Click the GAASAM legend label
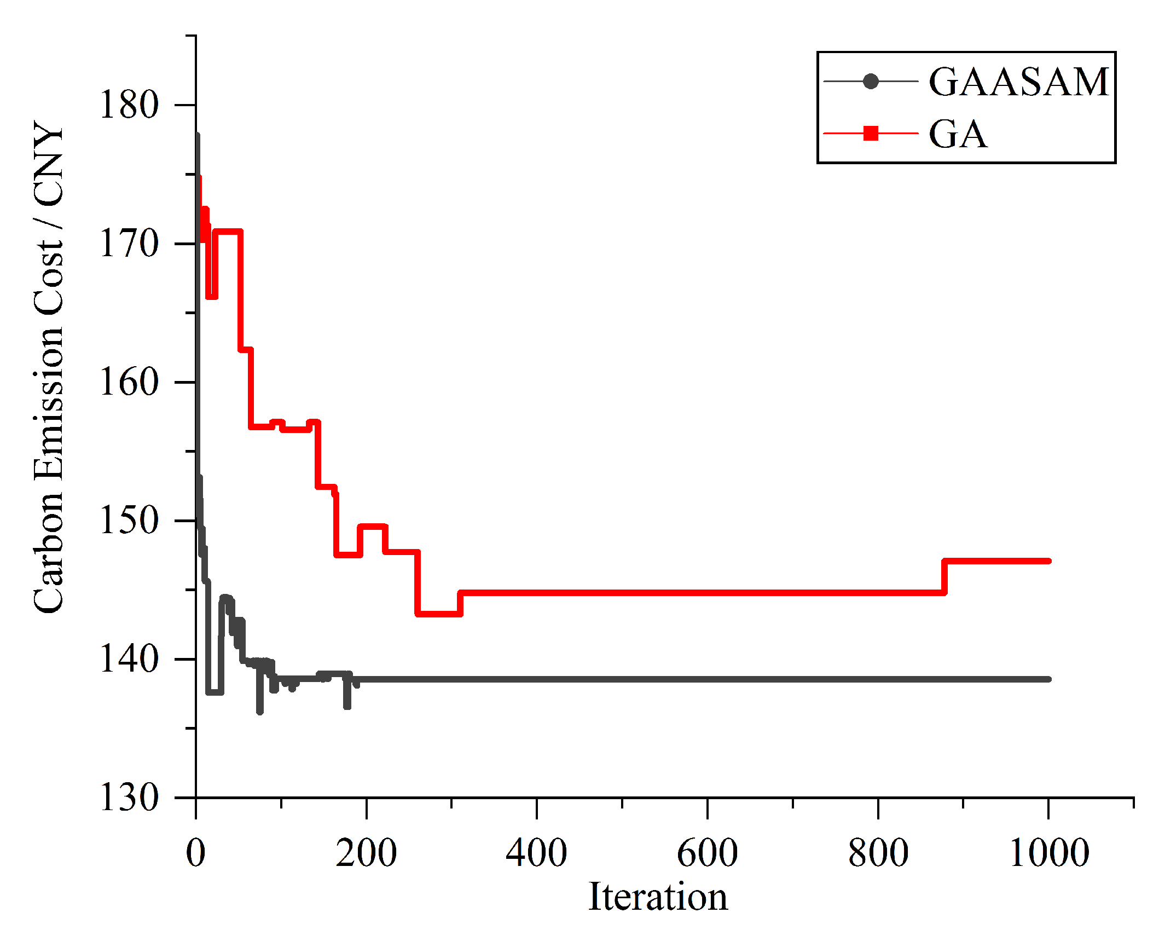(x=1018, y=82)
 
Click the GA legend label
(x=958, y=134)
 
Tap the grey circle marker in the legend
(x=871, y=82)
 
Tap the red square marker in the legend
(x=871, y=133)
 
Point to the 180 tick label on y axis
(x=129, y=105)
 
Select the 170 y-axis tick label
(x=129, y=244)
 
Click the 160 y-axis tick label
(x=129, y=382)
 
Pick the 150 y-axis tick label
(x=129, y=521)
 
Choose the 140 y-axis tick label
(x=129, y=659)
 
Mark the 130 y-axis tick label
(x=129, y=798)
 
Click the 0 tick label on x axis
(x=195, y=853)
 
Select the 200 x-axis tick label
(x=366, y=853)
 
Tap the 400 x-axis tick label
(x=536, y=853)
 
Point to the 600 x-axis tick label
(x=707, y=853)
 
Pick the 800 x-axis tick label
(x=878, y=853)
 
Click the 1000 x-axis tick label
(x=1048, y=853)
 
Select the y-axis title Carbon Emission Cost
(x=48, y=367)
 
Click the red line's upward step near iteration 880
(x=944, y=577)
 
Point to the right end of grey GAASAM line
(x=1048, y=679)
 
